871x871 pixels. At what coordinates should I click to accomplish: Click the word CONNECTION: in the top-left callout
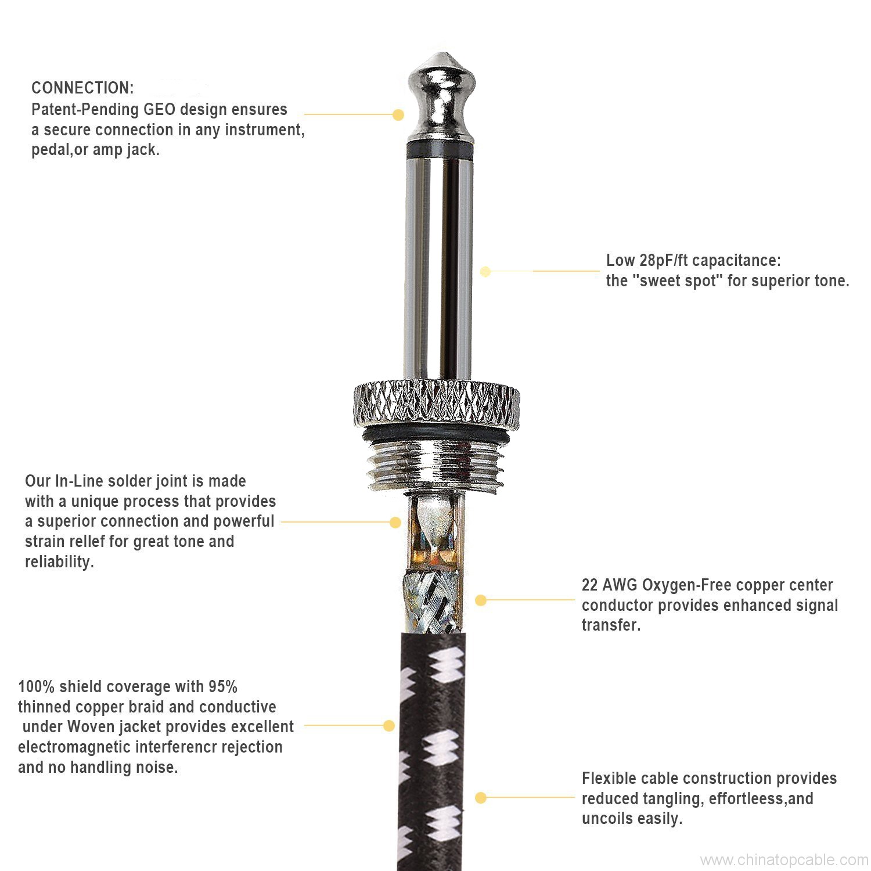[x=82, y=88]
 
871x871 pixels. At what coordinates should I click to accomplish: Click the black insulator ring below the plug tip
[x=440, y=149]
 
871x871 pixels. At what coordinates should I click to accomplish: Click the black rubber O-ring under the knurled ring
[x=437, y=434]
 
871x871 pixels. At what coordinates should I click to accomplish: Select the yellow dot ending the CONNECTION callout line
[x=398, y=115]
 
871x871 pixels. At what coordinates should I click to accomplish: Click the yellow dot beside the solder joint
[x=395, y=523]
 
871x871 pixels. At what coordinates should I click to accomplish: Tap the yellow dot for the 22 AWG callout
[x=481, y=600]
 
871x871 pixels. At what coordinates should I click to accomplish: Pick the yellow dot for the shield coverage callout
[x=389, y=725]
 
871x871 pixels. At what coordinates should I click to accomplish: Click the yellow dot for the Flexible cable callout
[x=481, y=798]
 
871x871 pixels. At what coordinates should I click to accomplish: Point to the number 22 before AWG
[x=590, y=585]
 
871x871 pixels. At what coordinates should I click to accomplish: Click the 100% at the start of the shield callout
[x=36, y=686]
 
